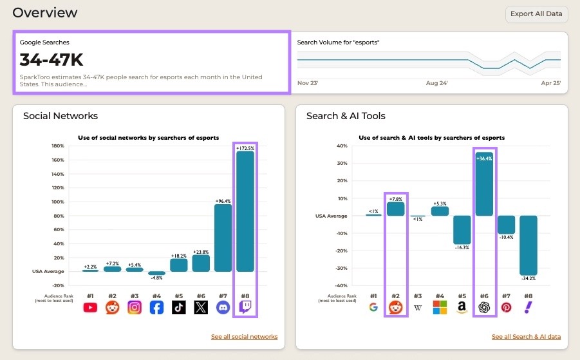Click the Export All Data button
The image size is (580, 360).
click(536, 14)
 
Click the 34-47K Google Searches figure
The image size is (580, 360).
click(51, 60)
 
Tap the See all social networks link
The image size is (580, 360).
click(244, 337)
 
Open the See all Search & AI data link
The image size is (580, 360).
click(526, 337)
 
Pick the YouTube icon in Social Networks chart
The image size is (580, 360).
click(90, 308)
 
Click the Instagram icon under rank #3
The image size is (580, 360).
click(135, 308)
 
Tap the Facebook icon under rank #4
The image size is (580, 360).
click(156, 308)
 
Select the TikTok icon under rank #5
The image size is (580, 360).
click(179, 308)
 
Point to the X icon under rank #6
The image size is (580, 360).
click(201, 308)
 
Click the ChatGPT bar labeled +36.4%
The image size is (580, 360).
click(484, 184)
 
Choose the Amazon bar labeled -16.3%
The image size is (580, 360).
click(462, 229)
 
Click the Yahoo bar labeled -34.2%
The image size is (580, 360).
click(529, 245)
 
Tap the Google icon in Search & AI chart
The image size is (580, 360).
click(373, 308)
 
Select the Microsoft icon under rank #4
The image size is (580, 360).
click(440, 308)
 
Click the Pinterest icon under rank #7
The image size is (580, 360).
click(506, 308)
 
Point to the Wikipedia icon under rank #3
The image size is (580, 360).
click(418, 308)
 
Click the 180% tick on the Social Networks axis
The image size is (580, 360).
click(57, 146)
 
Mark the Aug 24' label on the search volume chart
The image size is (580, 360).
click(436, 83)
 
